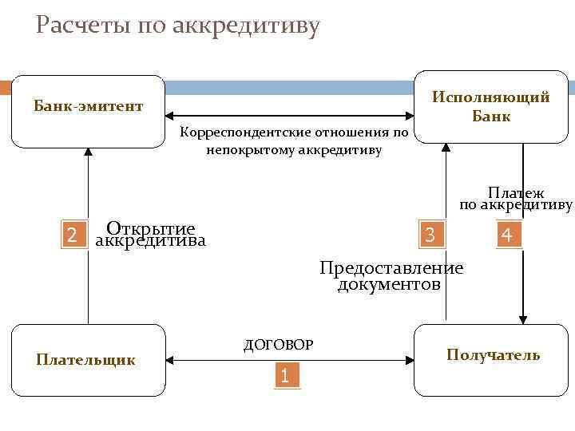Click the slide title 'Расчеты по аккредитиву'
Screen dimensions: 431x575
tap(177, 26)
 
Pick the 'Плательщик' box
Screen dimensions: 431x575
tap(86, 360)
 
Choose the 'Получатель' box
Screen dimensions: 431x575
tap(493, 356)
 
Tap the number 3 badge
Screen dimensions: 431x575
tap(430, 235)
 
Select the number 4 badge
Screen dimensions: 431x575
tap(506, 235)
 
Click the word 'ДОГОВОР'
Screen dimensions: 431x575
tap(278, 345)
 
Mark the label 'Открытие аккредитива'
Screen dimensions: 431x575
tap(150, 234)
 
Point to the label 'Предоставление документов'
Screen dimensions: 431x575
tap(391, 275)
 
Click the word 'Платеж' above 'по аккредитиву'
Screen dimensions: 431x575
tap(516, 192)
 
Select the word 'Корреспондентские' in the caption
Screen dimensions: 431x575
tap(237, 132)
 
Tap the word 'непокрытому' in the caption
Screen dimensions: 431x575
tap(248, 149)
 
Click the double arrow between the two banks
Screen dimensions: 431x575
tap(290, 116)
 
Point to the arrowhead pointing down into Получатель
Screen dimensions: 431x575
tap(523, 319)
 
